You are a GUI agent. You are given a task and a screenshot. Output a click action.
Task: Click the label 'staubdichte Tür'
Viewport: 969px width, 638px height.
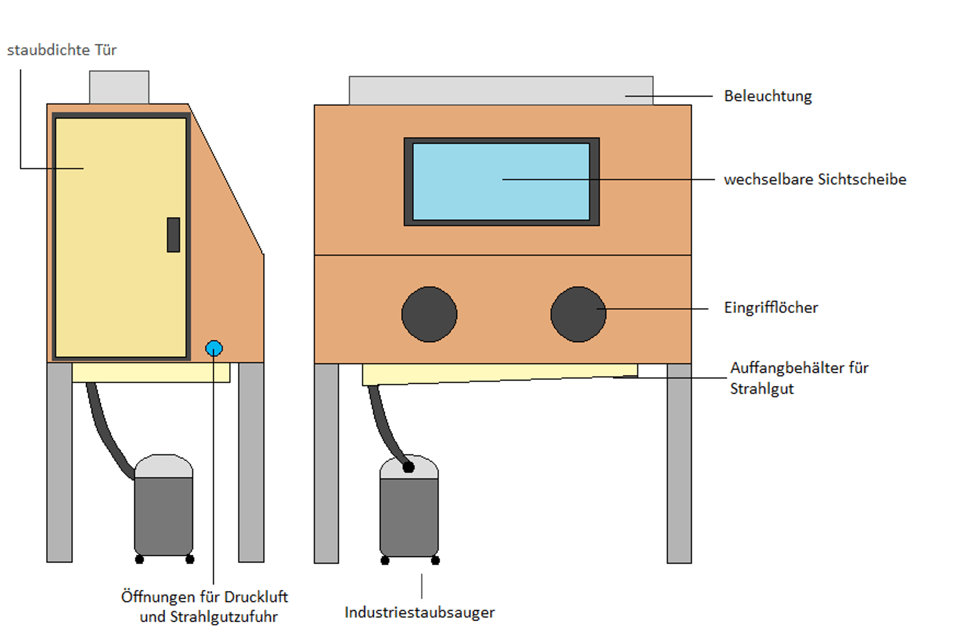pos(62,50)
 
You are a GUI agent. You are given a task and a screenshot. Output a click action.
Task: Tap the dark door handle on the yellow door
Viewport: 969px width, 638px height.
pos(173,235)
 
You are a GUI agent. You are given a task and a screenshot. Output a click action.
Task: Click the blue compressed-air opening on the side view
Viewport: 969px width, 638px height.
pos(214,349)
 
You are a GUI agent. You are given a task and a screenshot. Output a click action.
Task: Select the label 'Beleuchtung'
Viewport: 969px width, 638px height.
pos(768,96)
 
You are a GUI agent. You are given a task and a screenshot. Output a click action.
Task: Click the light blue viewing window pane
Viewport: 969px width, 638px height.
pos(502,181)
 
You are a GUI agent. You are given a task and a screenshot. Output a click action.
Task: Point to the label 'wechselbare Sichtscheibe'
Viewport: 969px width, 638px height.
pos(815,180)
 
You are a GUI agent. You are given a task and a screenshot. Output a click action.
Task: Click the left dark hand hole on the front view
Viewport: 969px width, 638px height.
pos(429,315)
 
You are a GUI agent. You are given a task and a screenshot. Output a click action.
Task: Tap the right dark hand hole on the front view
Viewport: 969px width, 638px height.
pos(578,315)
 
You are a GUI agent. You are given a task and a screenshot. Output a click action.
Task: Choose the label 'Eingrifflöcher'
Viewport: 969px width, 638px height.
pos(771,308)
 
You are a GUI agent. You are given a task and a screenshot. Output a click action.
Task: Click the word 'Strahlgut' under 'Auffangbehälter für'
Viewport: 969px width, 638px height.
pos(762,389)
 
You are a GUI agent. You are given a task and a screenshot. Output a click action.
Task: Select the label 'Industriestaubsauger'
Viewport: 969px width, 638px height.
pos(419,612)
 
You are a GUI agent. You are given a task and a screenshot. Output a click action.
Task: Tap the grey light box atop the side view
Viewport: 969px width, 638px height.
pos(119,88)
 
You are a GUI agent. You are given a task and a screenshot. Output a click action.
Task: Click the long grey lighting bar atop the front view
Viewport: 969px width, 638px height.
pos(501,91)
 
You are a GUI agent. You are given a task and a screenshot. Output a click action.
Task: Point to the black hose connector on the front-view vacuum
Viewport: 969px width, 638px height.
pos(408,467)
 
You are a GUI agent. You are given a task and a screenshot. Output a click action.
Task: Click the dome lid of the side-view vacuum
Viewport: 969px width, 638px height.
pos(164,466)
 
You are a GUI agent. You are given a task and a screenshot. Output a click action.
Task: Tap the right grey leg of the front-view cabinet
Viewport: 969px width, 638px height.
pos(679,463)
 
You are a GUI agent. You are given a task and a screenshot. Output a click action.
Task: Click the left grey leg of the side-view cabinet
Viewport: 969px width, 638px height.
pos(60,463)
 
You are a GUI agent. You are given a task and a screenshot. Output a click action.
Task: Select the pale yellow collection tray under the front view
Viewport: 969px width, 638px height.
pos(500,374)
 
